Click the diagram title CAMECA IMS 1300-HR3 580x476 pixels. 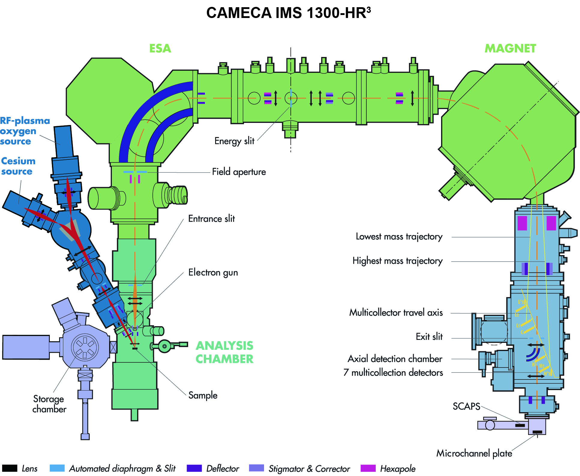click(288, 13)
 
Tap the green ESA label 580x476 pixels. click(160, 49)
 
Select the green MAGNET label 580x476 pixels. click(510, 49)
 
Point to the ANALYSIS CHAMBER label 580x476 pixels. click(224, 352)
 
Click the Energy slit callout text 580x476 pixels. click(234, 141)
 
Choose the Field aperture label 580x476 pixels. click(239, 172)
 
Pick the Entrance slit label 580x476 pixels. click(212, 219)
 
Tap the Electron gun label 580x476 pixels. click(213, 272)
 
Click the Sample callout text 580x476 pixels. click(203, 395)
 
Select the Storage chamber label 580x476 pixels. click(49, 404)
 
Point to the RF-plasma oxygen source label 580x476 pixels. click(25, 131)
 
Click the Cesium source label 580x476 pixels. click(18, 166)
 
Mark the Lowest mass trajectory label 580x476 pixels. click(399, 237)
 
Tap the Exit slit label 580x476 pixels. click(429, 337)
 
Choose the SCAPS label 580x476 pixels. click(466, 406)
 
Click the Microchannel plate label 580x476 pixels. click(474, 453)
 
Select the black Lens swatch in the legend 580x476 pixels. click(10, 468)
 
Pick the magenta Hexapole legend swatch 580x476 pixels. click(368, 468)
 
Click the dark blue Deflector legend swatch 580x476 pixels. click(194, 468)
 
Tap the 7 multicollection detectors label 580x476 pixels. click(393, 373)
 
